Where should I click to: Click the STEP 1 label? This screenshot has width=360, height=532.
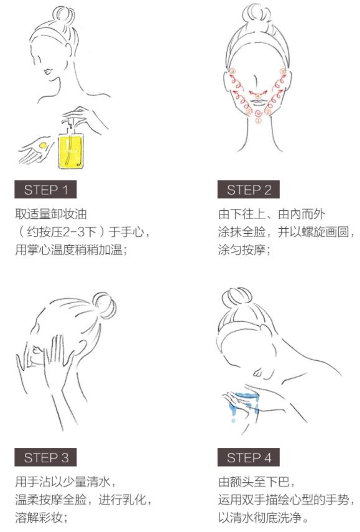[x=45, y=189]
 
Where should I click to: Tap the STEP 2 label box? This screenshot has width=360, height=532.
[x=249, y=189]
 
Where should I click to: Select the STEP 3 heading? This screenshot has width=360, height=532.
[x=45, y=457]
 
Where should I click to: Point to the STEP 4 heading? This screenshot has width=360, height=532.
[x=249, y=457]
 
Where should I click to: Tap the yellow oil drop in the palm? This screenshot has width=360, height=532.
[x=43, y=145]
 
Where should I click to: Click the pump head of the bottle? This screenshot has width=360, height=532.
[x=68, y=121]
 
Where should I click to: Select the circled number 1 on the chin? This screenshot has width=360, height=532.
[x=258, y=120]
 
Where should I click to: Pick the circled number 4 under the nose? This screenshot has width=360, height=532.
[x=257, y=96]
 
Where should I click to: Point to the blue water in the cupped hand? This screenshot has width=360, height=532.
[x=247, y=396]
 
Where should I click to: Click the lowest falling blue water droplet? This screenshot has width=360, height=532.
[x=233, y=421]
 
